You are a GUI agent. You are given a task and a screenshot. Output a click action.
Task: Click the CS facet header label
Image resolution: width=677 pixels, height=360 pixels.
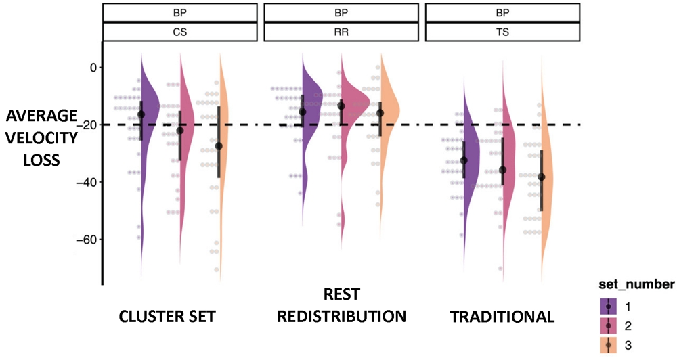180,32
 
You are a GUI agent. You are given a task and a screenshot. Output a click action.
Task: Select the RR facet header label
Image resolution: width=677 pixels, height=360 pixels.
341,32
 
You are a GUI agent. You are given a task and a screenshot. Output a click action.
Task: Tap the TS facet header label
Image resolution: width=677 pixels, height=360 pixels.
502,32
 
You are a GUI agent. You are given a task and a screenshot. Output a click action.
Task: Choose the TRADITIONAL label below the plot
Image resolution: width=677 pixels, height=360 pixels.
502,316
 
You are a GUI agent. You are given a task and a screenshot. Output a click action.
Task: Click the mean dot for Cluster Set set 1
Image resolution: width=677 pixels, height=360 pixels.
141,115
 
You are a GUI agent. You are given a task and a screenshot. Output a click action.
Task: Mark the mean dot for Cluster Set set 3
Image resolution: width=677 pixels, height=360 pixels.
219,146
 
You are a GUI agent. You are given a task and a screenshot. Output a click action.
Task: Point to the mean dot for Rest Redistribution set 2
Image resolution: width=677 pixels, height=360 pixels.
341,106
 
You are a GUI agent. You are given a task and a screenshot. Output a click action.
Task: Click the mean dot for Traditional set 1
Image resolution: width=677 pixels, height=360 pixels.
464,160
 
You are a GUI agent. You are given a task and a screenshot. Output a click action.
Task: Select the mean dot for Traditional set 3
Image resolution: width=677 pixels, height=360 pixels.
541,177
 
